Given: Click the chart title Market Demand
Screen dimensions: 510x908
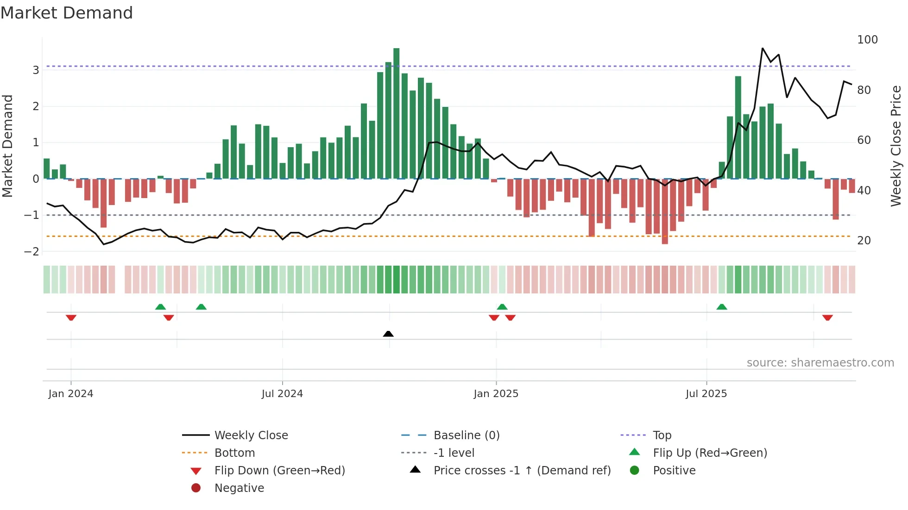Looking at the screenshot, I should click(67, 13).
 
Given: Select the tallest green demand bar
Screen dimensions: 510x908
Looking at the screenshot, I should click(396, 113).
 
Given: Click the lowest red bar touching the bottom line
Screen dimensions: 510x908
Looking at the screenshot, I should click(665, 211).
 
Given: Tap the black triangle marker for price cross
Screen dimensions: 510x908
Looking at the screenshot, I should click(388, 334).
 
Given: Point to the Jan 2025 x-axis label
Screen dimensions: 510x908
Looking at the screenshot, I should click(496, 394).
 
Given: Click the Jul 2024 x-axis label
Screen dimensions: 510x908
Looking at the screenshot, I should click(282, 394).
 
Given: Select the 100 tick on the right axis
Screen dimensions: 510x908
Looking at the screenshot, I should click(867, 40).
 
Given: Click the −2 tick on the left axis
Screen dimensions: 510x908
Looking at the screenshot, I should click(32, 252).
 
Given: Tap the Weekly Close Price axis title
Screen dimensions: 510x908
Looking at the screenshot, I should click(896, 146).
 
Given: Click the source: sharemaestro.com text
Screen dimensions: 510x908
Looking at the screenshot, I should click(820, 363).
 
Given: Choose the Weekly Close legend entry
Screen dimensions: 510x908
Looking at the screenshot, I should click(251, 435).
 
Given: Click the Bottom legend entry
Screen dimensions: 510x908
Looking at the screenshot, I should click(234, 453).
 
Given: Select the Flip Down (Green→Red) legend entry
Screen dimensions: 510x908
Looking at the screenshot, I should click(279, 471).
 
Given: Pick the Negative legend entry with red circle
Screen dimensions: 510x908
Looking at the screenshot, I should click(239, 488).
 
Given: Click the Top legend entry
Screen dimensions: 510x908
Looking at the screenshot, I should click(662, 435).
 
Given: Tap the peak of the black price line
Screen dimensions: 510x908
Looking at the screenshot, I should click(763, 48).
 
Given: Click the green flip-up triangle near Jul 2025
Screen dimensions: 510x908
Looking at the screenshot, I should click(721, 307).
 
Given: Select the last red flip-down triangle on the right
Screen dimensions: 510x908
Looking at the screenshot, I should click(827, 317).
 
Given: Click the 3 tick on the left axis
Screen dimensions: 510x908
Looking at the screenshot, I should click(36, 70).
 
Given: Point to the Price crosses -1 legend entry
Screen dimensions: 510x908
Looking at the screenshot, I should click(522, 471).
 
